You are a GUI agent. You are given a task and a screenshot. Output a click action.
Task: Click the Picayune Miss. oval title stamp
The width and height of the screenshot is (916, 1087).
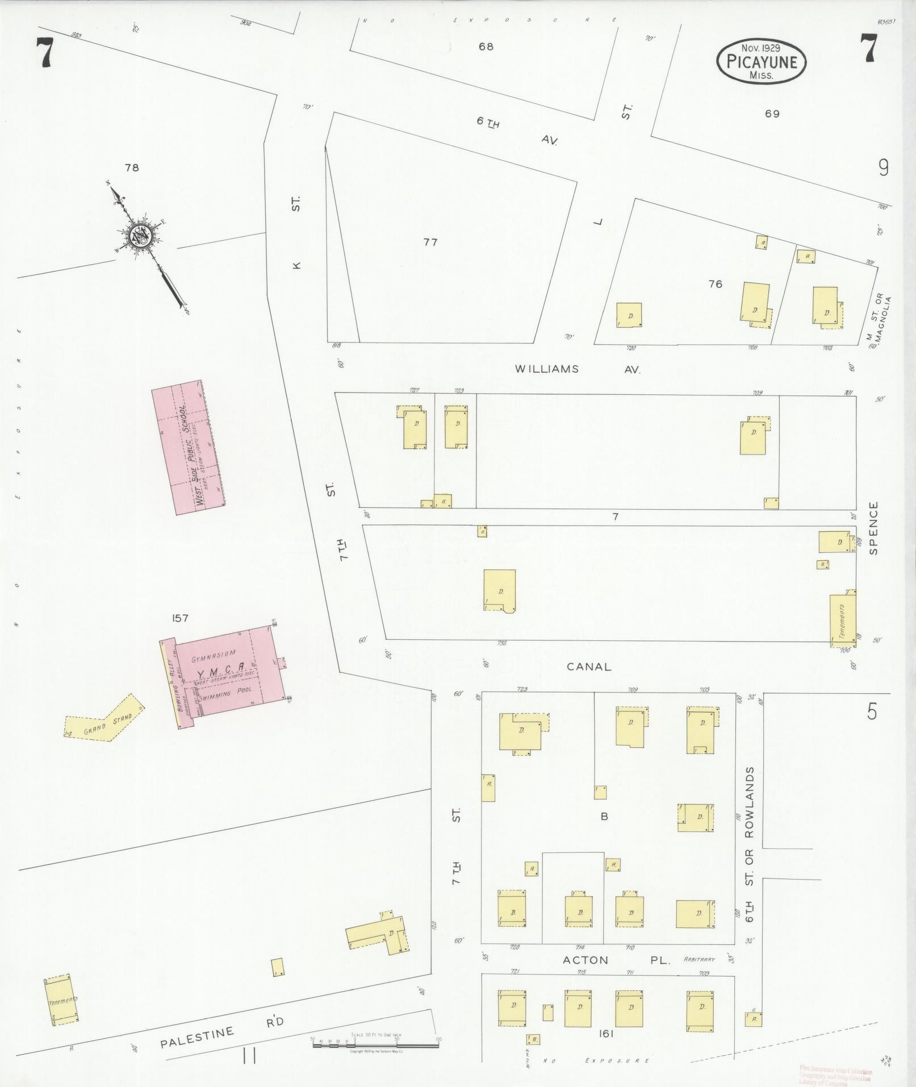coord(761,63)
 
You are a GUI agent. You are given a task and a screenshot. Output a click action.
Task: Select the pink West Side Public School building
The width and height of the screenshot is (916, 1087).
coord(187,447)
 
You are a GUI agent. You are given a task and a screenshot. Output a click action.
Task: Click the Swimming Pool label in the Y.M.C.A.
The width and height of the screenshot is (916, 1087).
coord(229,694)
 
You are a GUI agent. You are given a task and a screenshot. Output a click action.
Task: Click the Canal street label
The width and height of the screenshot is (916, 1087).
coord(588,667)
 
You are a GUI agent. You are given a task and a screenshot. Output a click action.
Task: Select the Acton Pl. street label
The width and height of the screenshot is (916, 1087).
coord(616,960)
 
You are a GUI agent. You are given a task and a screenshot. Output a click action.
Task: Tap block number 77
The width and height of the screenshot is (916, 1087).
coord(430,243)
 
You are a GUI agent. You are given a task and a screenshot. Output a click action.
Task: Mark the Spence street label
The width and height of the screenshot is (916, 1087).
coord(873,527)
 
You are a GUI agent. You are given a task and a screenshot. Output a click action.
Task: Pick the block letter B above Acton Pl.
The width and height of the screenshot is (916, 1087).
coord(604,817)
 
